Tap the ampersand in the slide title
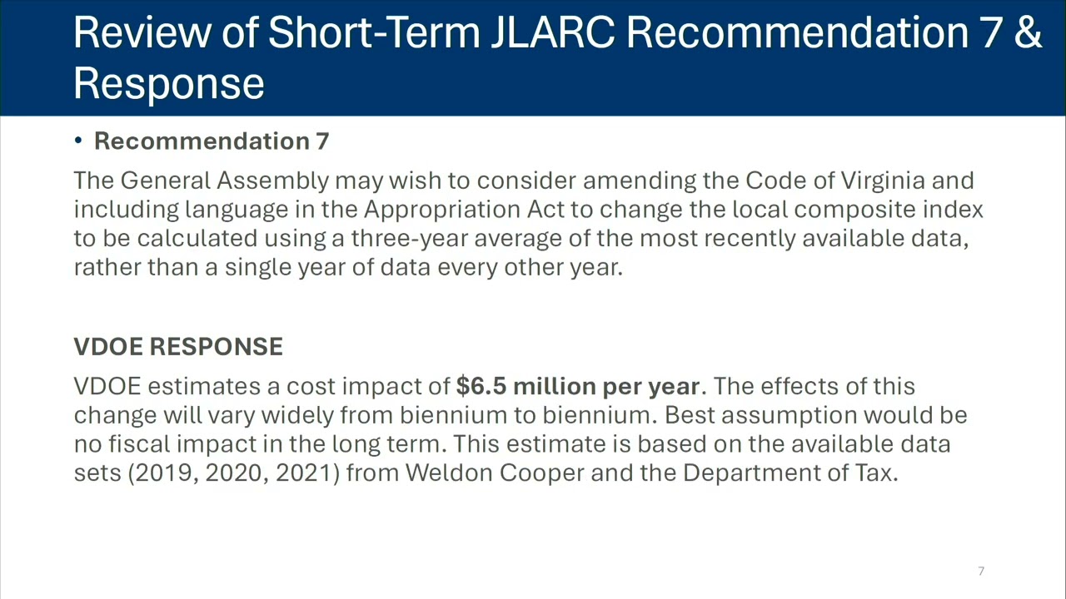point(1029,32)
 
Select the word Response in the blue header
point(168,85)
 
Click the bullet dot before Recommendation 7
point(78,141)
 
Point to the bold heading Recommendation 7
point(212,141)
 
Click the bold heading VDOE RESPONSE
point(178,346)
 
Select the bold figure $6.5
point(481,385)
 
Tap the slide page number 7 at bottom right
point(981,571)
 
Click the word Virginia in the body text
point(883,181)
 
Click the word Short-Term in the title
point(374,32)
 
